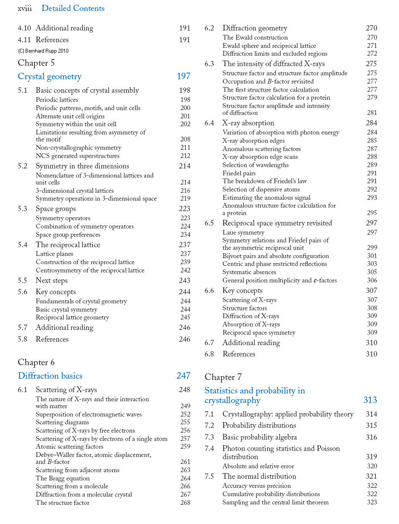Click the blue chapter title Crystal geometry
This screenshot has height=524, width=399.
point(50,77)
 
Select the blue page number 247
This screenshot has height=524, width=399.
point(183,376)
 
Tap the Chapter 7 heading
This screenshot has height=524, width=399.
point(223,377)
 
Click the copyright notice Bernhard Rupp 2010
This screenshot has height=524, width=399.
point(43,51)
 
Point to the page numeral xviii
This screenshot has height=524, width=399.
point(24,8)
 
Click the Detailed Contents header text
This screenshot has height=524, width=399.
point(73,8)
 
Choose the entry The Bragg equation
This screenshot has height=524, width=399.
point(63,478)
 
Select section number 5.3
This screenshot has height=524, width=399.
point(23,209)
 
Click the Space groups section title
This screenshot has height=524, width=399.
point(56,209)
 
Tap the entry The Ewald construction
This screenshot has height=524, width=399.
point(255,37)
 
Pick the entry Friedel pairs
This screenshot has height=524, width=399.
point(239,173)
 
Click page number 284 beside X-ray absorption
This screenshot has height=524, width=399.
point(372,123)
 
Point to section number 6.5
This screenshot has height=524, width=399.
point(209,223)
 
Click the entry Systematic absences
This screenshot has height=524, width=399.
point(249,272)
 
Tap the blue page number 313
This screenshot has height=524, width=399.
point(370,400)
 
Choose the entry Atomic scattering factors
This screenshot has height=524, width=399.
point(70,447)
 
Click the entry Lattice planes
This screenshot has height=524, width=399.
point(54,254)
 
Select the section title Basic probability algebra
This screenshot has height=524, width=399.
point(259,437)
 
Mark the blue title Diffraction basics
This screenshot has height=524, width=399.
point(50,376)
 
